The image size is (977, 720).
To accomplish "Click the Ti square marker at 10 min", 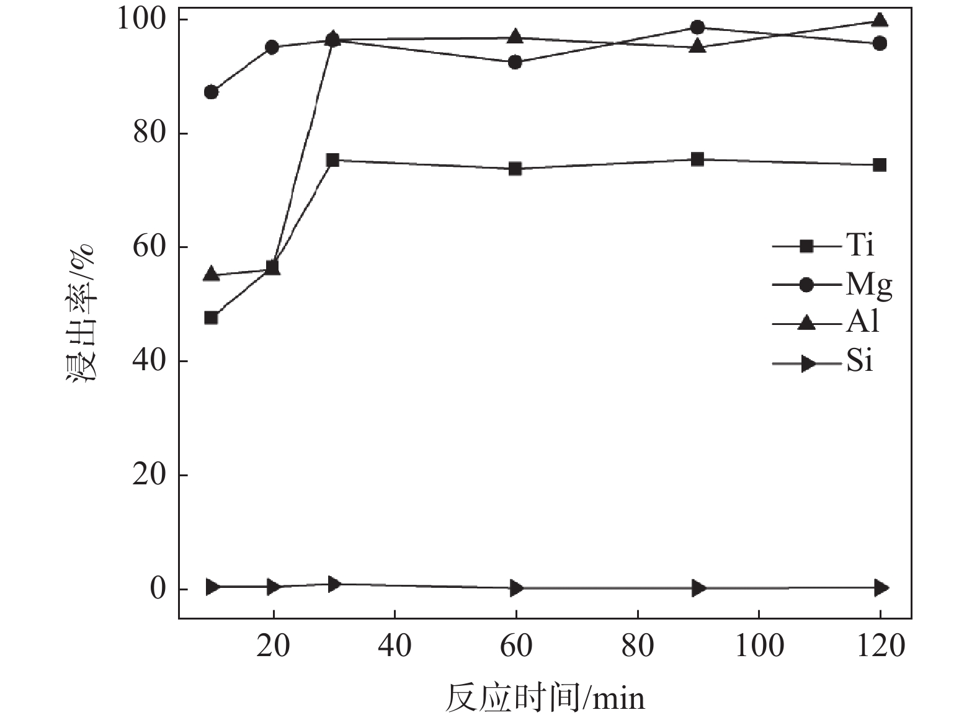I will [211, 318].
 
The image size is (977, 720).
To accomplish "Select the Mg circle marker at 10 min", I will [211, 92].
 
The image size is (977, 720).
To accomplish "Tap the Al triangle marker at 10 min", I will [211, 273].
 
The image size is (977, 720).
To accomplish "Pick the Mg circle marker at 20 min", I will [272, 47].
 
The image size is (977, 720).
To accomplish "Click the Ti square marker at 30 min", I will [332, 160].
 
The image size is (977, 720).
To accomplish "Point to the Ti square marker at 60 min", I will [515, 169].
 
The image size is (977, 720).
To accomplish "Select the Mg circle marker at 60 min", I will [515, 62].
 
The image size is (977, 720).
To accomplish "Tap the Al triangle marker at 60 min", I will [515, 37].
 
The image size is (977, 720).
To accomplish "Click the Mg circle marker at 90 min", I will [697, 27].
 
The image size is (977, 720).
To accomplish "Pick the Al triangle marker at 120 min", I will [880, 20].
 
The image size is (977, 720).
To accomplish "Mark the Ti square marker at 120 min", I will [880, 165].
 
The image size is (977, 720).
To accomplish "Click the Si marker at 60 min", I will [515, 588].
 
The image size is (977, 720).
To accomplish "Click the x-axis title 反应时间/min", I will [545, 698].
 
